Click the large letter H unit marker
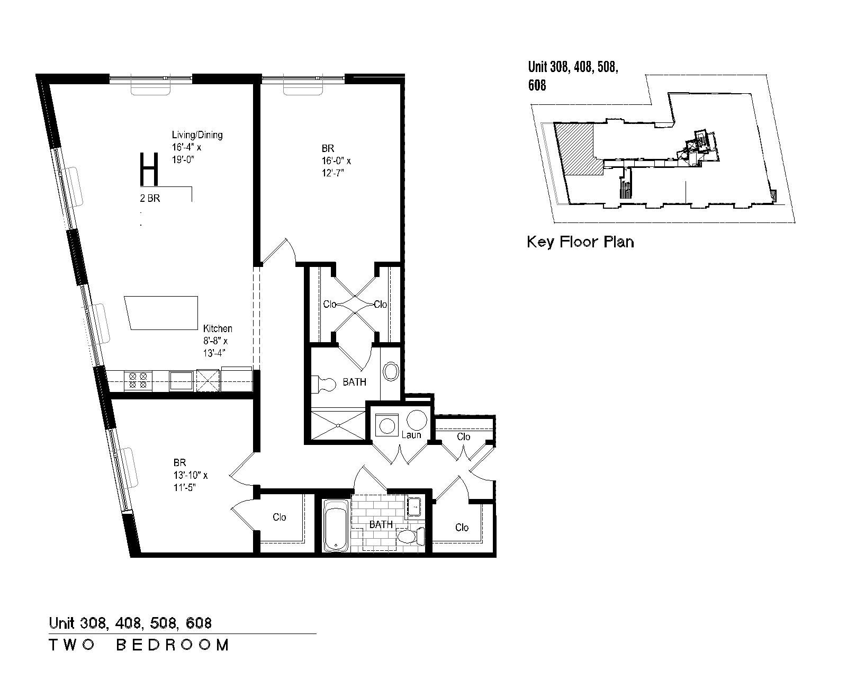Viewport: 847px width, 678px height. (150, 169)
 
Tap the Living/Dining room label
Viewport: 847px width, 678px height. (197, 135)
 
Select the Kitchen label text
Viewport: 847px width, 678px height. (218, 328)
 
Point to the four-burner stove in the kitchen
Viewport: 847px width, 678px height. (138, 380)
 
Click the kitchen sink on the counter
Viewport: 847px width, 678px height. (182, 380)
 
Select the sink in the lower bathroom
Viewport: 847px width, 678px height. (413, 506)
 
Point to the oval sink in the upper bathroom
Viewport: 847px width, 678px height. (391, 371)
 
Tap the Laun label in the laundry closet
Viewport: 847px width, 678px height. (411, 435)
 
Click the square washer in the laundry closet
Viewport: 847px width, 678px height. (387, 425)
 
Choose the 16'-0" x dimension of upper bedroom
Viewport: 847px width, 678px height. (336, 161)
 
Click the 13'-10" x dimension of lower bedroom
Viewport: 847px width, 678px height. (191, 476)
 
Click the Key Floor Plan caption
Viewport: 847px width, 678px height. (580, 242)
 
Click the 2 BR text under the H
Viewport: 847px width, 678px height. (150, 198)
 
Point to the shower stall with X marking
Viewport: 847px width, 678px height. (338, 425)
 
